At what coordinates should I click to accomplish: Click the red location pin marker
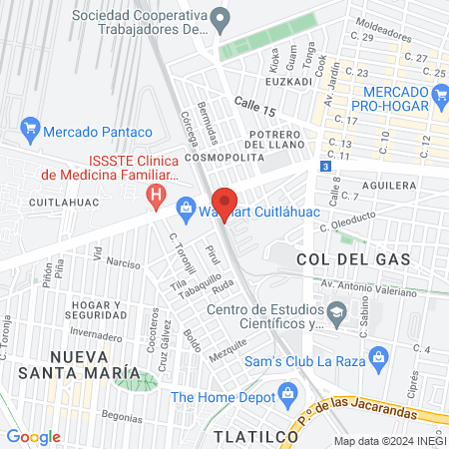tap(224, 203)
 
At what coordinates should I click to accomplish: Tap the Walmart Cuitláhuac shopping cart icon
tap(185, 208)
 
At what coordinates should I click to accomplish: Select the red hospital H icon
tap(155, 196)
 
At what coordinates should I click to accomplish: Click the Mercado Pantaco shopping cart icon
tap(29, 129)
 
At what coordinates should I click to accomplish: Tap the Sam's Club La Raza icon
tap(378, 357)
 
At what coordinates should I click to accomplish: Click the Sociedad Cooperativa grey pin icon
tap(222, 17)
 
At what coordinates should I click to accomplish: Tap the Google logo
tap(33, 436)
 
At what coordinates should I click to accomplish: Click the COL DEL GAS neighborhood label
tap(339, 259)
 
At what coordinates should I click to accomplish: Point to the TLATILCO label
tap(249, 436)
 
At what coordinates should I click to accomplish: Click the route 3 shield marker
tap(325, 166)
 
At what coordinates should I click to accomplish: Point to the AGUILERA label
tap(389, 186)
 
